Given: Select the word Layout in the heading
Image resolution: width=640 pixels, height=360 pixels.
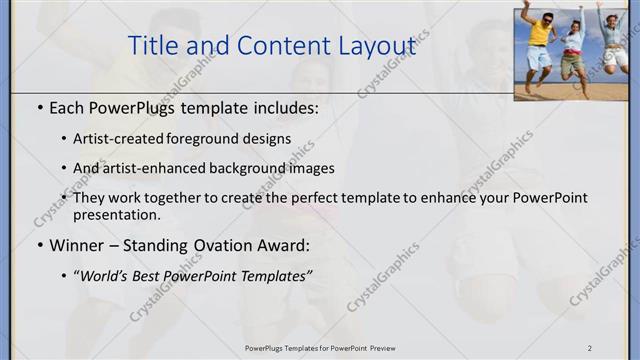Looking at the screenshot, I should [374, 46].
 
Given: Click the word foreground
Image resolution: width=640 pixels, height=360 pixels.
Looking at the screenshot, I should [213, 139].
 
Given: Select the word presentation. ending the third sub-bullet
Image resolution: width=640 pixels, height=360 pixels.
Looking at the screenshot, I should [116, 214].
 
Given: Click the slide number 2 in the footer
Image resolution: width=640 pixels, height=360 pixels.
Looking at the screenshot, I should [589, 348].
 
